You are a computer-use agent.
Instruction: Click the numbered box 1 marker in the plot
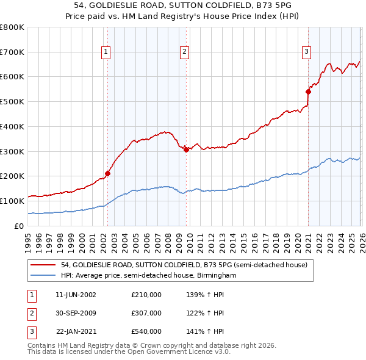[x=106, y=52]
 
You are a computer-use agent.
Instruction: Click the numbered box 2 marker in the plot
[x=184, y=52]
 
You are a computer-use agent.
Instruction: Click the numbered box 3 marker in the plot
[x=306, y=52]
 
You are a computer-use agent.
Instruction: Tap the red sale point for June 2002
[x=107, y=173]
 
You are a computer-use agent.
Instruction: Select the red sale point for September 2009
[x=186, y=149]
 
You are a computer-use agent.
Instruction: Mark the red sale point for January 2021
[x=308, y=92]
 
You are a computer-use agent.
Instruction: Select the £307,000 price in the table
[x=146, y=313]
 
